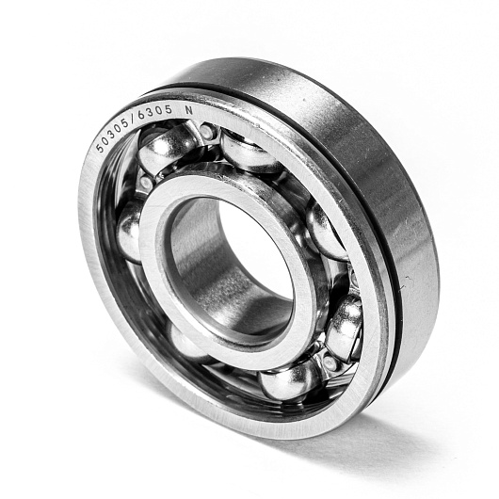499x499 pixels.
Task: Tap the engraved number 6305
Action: click(x=155, y=113)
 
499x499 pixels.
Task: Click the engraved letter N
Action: click(x=189, y=110)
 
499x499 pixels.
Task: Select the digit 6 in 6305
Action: click(x=141, y=117)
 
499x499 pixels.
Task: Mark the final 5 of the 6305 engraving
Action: click(x=169, y=110)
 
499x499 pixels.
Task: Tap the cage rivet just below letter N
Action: click(x=206, y=132)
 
